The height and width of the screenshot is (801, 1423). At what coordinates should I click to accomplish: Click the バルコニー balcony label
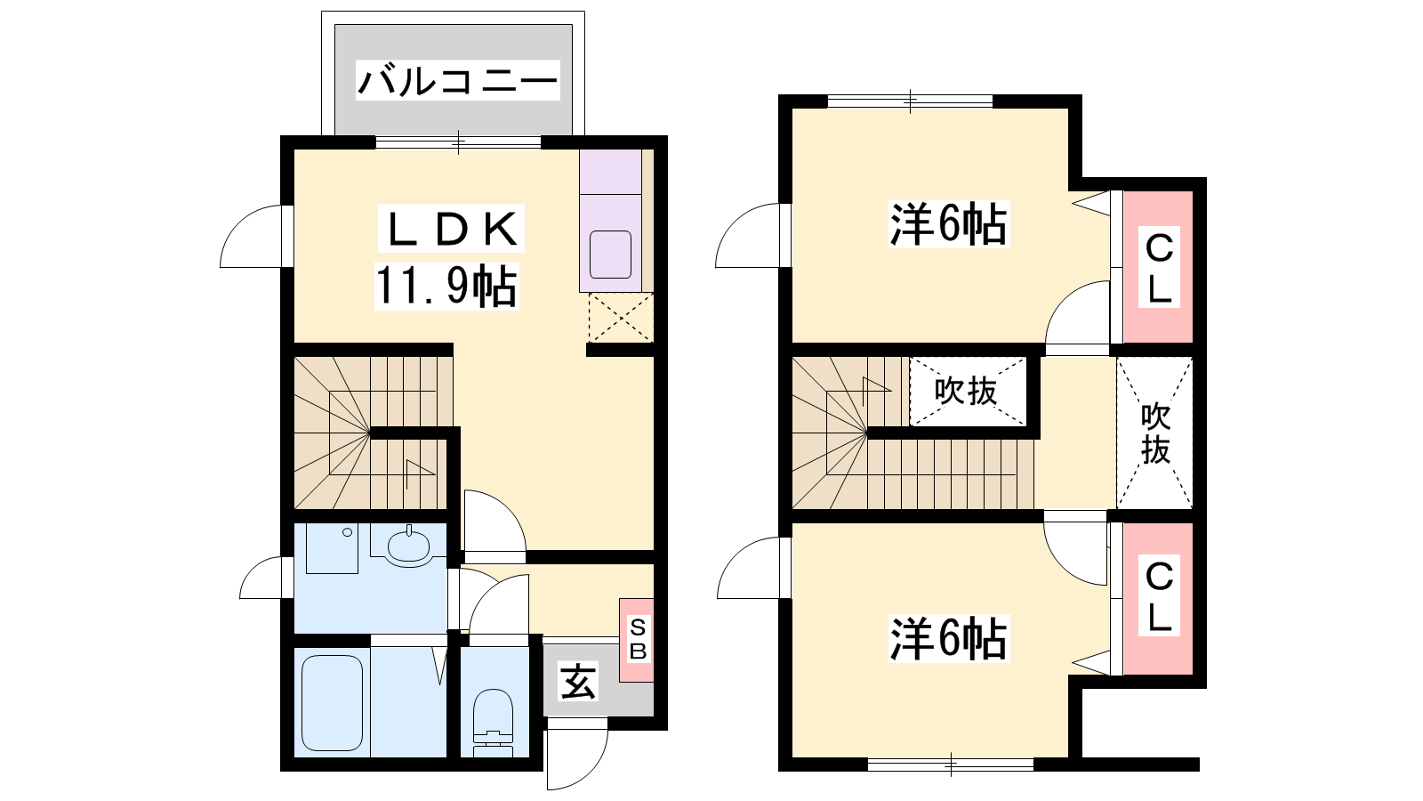(457, 81)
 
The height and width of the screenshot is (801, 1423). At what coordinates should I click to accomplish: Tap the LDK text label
(452, 228)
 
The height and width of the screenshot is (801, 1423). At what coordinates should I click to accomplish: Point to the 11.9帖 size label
(446, 286)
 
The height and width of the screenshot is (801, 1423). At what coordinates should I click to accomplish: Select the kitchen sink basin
(610, 255)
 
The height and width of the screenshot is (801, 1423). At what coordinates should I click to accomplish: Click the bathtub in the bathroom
(332, 703)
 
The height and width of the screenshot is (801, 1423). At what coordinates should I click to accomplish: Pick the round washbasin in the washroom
(408, 546)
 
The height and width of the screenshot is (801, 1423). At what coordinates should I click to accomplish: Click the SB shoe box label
(637, 639)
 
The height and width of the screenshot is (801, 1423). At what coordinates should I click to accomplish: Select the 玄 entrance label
(577, 681)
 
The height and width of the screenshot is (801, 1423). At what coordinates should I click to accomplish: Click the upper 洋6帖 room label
(948, 223)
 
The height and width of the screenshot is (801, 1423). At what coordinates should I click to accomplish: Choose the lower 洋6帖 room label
(948, 638)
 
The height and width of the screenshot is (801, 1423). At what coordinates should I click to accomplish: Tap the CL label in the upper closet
(1159, 267)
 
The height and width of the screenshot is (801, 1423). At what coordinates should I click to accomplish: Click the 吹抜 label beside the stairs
(966, 391)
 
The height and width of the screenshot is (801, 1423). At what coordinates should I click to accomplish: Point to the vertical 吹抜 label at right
(1155, 433)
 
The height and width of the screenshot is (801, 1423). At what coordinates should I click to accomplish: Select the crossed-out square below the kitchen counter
(621, 318)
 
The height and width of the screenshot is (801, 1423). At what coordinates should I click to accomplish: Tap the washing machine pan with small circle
(332, 548)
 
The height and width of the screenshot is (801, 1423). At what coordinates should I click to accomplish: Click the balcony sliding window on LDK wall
(458, 142)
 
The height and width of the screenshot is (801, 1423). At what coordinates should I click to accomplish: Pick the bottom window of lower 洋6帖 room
(951, 765)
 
